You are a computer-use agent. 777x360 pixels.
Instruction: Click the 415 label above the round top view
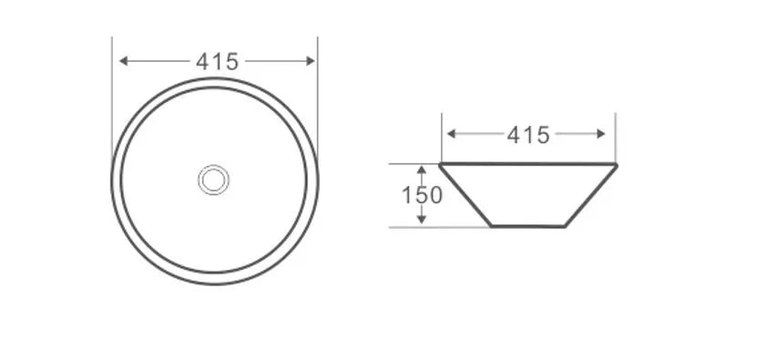(x=217, y=62)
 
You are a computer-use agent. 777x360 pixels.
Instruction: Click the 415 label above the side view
(x=528, y=135)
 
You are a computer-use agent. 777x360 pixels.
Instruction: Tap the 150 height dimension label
(x=422, y=195)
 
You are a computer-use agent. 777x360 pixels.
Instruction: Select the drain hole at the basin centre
(x=214, y=180)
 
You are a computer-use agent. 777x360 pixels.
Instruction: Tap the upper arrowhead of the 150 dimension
(x=421, y=170)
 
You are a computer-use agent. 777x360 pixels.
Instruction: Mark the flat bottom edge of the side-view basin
(x=528, y=226)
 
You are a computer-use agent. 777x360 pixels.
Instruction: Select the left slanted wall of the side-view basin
(x=465, y=195)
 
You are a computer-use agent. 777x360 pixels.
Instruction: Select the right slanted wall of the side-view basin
(x=591, y=195)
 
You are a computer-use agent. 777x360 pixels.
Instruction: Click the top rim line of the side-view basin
(x=528, y=165)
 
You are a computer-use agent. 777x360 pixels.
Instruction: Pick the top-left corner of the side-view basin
(x=441, y=165)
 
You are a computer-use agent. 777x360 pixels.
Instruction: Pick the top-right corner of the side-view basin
(x=616, y=165)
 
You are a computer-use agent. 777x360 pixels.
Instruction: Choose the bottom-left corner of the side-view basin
(x=492, y=226)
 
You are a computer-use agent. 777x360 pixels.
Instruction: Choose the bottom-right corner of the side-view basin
(x=566, y=226)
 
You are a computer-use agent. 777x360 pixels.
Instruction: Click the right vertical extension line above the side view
(x=616, y=137)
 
